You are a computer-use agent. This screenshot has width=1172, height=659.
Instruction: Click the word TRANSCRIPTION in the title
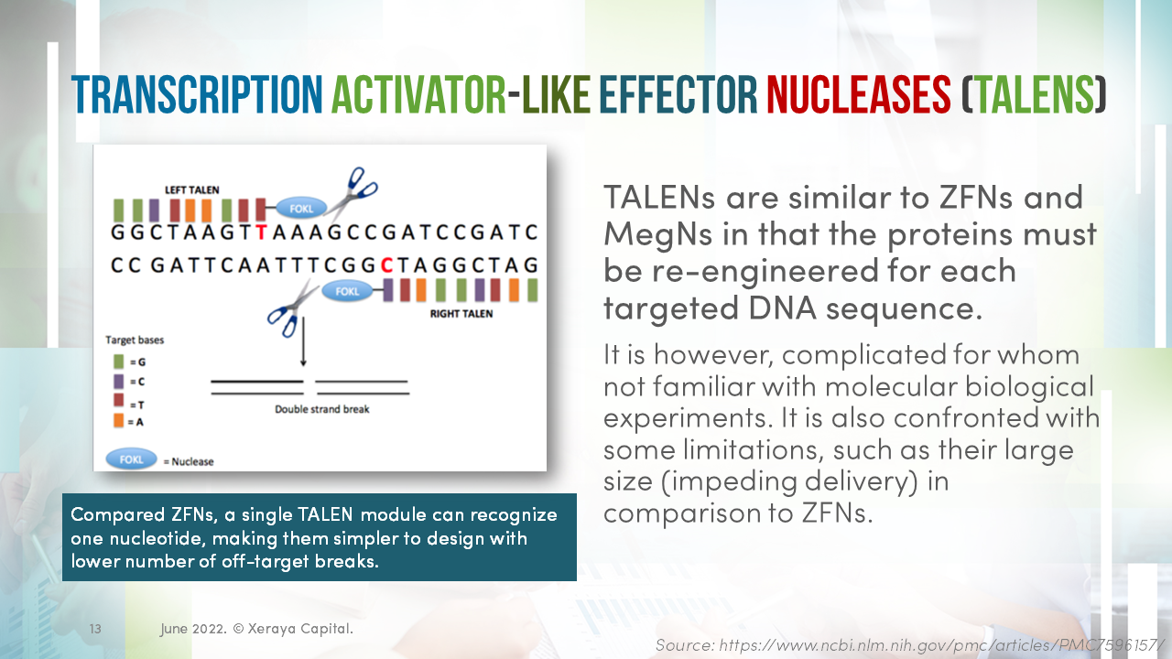point(196,93)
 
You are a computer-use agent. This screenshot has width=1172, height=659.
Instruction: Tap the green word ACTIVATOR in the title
point(418,93)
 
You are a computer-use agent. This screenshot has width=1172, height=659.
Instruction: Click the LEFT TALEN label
point(192,189)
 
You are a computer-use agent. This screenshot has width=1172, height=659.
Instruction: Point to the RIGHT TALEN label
point(461,313)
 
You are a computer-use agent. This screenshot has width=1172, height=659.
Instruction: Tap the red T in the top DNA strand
point(262,232)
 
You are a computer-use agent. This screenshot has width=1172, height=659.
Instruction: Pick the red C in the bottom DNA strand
point(386,265)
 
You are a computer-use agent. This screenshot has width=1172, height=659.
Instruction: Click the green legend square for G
point(119,362)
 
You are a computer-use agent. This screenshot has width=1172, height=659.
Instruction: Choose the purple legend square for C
point(119,382)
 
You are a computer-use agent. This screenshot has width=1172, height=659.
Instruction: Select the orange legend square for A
point(119,421)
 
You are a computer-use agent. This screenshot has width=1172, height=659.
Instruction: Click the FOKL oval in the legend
point(131,459)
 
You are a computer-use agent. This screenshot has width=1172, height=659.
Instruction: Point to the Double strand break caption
point(322,409)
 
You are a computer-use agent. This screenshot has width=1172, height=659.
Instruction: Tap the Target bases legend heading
point(135,340)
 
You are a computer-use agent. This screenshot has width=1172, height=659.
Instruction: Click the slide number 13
point(95,630)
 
